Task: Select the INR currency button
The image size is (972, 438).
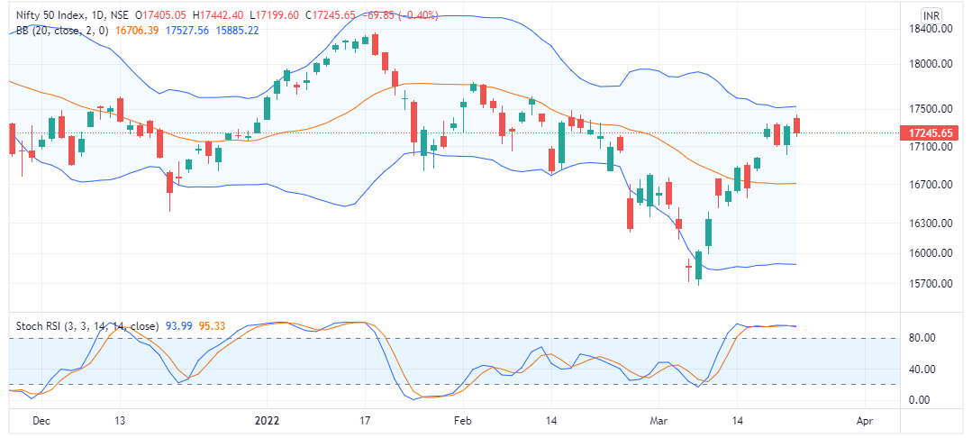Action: pos(932,15)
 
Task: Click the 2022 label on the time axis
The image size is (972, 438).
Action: pos(268,420)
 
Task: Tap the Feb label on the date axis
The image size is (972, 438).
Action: pos(463,420)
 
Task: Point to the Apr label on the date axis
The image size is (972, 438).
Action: pos(866,420)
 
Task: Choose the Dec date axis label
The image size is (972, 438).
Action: pos(41,420)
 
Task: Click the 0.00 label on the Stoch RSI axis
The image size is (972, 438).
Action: pos(920,400)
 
